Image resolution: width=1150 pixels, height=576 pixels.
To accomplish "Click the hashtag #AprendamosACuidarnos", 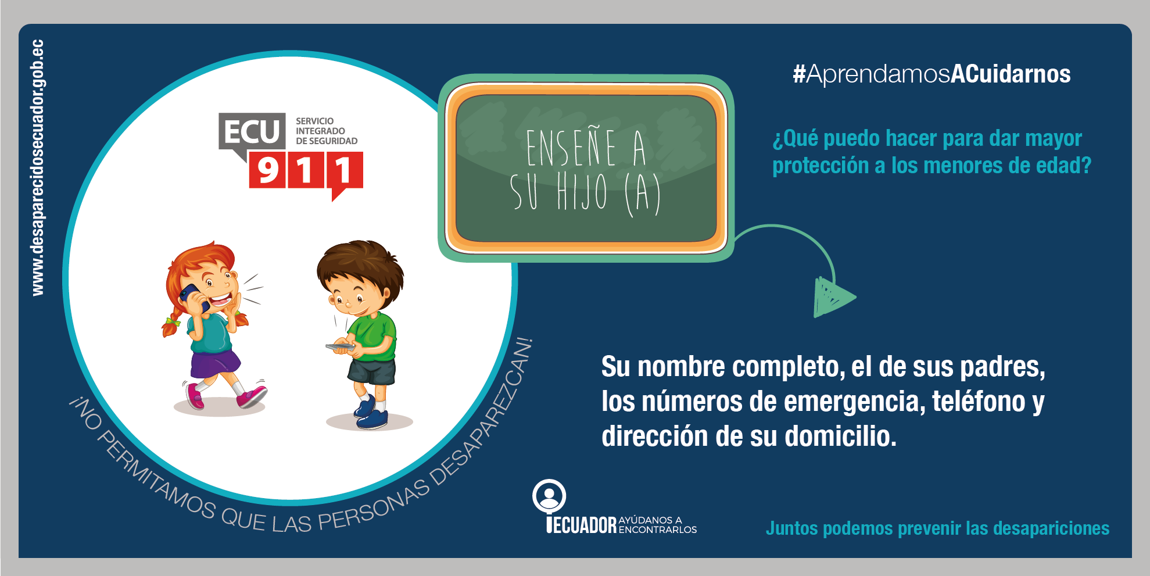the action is click(x=932, y=74).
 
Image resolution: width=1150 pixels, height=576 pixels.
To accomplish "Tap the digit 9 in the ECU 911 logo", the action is click(x=268, y=171).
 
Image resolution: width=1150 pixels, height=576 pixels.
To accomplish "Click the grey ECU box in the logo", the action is click(x=252, y=131).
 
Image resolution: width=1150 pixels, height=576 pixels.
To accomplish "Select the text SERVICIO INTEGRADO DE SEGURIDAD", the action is click(x=327, y=131).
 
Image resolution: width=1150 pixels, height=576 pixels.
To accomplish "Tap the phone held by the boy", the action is click(x=341, y=347).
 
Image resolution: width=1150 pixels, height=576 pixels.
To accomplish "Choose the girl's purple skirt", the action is click(x=214, y=364).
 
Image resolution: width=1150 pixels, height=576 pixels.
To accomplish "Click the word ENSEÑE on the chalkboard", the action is click(x=571, y=149).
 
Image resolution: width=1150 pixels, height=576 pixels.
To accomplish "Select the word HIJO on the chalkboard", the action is click(x=582, y=191).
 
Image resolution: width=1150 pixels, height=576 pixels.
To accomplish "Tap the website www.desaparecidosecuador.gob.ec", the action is click(x=37, y=167).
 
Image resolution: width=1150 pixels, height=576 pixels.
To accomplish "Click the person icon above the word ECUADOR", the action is click(x=549, y=496).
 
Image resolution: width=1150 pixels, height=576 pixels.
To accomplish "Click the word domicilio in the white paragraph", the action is click(x=840, y=436).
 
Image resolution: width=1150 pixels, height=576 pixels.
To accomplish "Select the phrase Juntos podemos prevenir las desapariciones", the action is click(x=937, y=528).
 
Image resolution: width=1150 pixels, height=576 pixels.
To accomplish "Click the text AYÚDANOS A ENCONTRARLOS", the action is click(x=658, y=525).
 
